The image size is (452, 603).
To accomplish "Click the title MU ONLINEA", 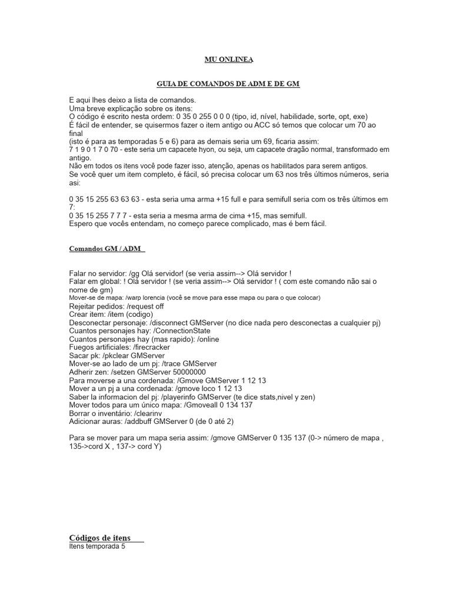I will point(229,59).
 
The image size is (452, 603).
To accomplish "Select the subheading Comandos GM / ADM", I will point(107,249).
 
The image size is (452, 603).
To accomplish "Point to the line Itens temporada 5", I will point(97,546).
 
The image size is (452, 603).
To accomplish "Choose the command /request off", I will point(145,306).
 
